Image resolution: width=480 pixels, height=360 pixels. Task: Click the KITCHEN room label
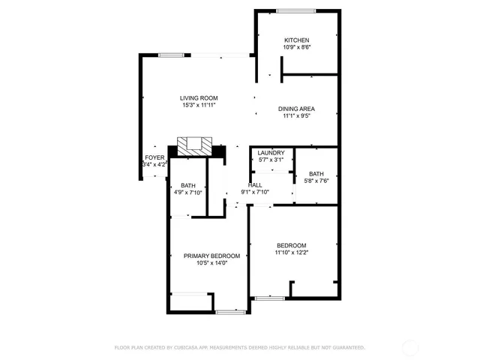[x=296, y=40]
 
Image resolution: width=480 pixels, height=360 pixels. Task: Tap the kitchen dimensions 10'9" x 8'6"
[x=296, y=47]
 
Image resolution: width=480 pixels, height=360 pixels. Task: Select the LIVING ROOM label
[x=199, y=98]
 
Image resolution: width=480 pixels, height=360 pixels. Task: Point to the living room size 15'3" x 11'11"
[x=199, y=106]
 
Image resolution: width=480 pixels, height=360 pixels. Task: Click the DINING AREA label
[x=296, y=109]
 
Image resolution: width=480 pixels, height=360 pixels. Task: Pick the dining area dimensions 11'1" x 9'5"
[x=296, y=116]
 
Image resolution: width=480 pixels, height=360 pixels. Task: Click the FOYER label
[x=154, y=157]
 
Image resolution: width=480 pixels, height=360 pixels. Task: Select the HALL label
[x=256, y=184]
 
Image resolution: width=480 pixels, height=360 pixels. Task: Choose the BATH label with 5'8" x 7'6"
[x=316, y=173]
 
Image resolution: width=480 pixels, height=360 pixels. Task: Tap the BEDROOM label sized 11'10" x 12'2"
[x=291, y=245]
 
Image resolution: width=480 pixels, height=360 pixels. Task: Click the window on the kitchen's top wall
[x=295, y=10]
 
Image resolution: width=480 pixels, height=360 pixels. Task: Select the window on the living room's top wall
[x=172, y=54]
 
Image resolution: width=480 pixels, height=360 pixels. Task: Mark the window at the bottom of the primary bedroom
[x=227, y=311]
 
